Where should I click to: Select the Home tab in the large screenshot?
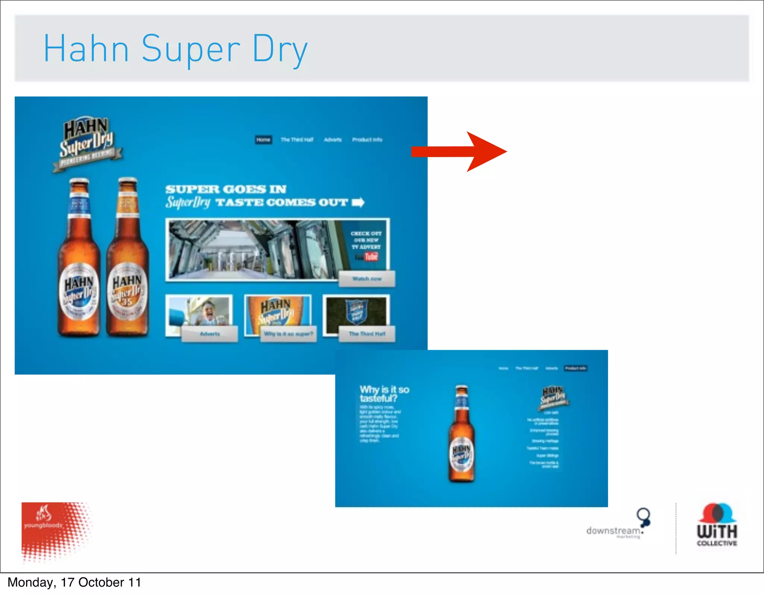263,139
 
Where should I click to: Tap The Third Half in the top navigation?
297,139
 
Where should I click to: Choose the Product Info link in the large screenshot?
367,139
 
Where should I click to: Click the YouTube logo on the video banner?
367,257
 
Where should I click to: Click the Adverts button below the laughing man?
210,334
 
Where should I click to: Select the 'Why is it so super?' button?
288,334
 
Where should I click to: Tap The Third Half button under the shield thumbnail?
367,334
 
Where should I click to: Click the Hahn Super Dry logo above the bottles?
87,144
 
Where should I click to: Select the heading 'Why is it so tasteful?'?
384,394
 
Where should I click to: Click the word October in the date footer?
101,582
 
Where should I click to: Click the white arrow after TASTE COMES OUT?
358,202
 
